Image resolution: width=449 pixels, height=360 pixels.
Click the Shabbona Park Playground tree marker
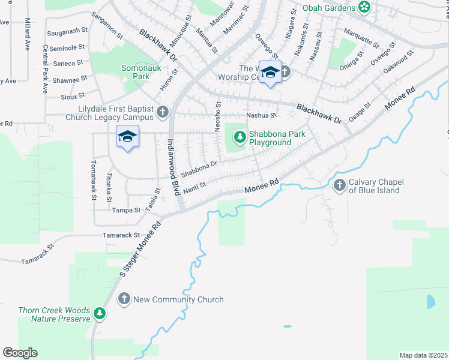click(240, 138)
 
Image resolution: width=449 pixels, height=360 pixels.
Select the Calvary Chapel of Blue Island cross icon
click(340, 186)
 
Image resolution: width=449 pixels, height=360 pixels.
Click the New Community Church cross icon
click(124, 299)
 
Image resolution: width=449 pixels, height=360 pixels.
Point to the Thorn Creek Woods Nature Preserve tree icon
click(100, 313)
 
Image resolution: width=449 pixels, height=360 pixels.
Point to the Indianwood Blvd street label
click(173, 166)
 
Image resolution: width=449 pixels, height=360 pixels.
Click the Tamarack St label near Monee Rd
click(121, 235)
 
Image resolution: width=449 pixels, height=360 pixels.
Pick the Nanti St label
click(194, 188)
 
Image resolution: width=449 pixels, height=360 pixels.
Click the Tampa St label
click(126, 211)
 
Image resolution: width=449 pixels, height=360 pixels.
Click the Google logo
click(20, 353)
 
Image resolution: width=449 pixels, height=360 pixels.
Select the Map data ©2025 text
click(423, 355)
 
